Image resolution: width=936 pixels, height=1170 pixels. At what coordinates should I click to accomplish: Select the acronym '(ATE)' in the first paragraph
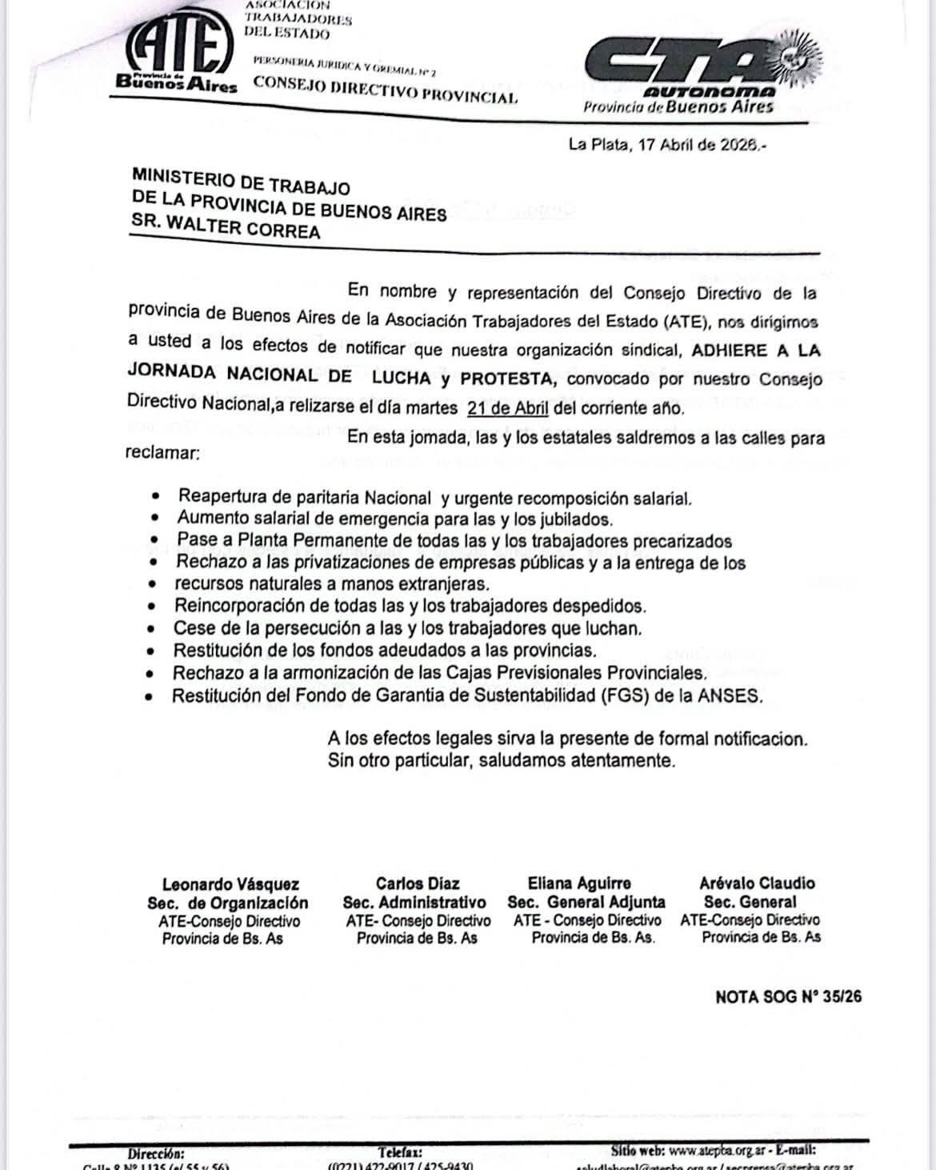click(685, 321)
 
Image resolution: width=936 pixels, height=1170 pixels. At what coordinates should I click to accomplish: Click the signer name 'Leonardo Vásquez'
click(230, 884)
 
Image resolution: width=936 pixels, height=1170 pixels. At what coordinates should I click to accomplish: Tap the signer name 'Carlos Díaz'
click(418, 884)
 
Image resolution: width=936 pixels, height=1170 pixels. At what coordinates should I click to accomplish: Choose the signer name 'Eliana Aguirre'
click(579, 884)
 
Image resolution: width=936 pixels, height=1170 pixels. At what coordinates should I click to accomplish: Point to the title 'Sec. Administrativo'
click(414, 903)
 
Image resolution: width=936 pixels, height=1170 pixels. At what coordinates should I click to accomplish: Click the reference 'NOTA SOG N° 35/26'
click(788, 997)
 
